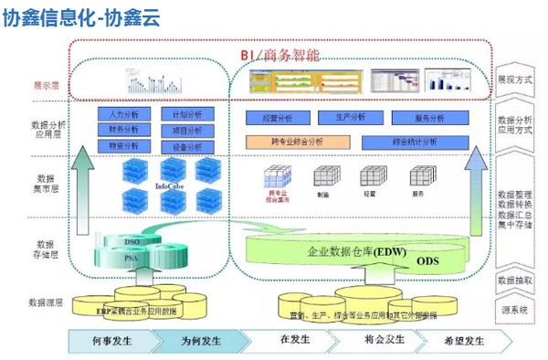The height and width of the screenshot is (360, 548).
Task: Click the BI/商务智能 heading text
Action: tap(280, 56)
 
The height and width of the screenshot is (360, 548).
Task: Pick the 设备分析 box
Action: tap(187, 146)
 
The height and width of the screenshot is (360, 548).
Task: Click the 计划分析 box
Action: tap(187, 114)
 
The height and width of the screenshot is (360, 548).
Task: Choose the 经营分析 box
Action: tap(278, 118)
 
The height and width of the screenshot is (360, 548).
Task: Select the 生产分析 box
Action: tap(351, 118)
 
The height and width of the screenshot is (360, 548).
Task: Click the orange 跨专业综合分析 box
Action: tap(297, 143)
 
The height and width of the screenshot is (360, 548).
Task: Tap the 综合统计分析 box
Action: tap(412, 143)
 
